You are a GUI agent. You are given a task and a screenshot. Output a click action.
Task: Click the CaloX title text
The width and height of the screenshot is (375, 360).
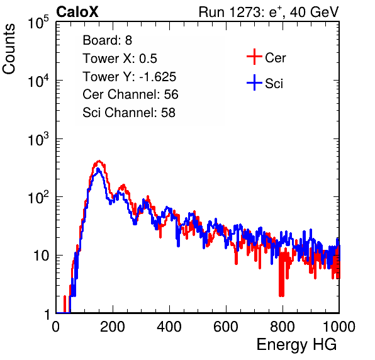pos(77,12)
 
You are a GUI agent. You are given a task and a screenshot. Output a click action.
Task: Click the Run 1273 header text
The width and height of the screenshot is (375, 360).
pos(269,12)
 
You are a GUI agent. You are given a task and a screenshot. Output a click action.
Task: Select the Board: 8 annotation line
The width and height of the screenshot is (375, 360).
pos(107,40)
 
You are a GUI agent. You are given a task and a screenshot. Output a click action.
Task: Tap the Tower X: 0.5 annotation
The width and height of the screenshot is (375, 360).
pos(120,59)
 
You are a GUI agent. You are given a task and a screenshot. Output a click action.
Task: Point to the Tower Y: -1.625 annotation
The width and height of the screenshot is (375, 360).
pos(129,77)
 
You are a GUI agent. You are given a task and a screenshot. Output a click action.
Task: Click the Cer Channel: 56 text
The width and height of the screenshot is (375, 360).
pos(130,94)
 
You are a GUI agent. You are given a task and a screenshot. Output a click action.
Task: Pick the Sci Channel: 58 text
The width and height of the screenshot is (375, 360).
pos(129,113)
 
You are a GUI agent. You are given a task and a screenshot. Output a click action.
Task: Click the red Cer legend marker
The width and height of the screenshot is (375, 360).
pos(254,57)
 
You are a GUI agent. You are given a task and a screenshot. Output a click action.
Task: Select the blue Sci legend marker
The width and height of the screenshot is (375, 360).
pos(254,82)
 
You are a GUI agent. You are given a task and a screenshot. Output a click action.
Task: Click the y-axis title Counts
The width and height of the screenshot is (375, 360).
pos(9,48)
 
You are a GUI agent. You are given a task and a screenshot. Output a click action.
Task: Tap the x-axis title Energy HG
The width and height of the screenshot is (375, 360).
pos(296,345)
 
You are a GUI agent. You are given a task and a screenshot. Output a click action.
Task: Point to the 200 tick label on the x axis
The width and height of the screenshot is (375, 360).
pos(113,327)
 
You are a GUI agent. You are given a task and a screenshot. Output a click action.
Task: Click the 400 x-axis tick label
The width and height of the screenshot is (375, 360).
pos(169,327)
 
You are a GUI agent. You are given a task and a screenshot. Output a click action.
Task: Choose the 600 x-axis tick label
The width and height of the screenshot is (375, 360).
pos(226,327)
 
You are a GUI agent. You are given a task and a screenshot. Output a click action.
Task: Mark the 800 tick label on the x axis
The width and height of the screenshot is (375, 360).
pos(283,327)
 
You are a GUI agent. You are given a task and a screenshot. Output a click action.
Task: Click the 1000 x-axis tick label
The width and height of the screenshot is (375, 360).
pos(339,327)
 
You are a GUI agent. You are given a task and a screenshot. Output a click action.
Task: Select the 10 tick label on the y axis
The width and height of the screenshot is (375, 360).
pos(42,256)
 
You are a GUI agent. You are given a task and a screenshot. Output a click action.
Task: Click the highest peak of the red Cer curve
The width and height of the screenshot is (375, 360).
pos(99,160)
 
